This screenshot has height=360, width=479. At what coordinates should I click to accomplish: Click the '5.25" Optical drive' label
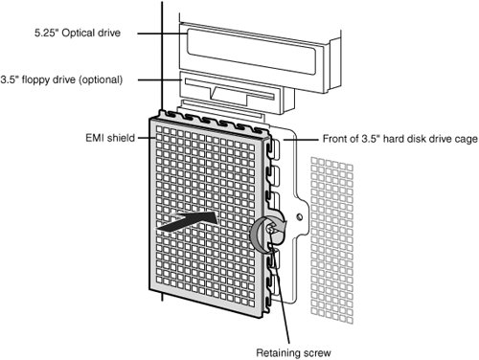tap(78, 33)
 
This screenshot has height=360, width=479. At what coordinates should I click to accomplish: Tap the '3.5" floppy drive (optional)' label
tap(61, 79)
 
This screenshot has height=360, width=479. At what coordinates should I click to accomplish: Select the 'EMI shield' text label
tap(110, 138)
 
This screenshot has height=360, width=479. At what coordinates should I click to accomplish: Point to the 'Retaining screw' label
tap(293, 353)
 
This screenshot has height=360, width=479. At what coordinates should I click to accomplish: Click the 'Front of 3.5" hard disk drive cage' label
tap(400, 139)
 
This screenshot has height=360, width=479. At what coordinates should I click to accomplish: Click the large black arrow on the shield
tap(187, 221)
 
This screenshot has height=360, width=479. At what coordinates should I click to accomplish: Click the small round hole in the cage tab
tap(300, 217)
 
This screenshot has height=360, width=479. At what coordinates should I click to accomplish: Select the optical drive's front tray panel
tap(251, 51)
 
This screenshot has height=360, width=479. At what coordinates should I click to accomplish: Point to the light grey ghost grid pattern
tap(332, 240)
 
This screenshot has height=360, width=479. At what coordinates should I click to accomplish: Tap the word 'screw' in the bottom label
tap(317, 353)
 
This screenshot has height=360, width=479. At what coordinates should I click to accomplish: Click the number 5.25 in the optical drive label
tap(47, 33)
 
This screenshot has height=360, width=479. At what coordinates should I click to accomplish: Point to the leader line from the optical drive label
tap(162, 34)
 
